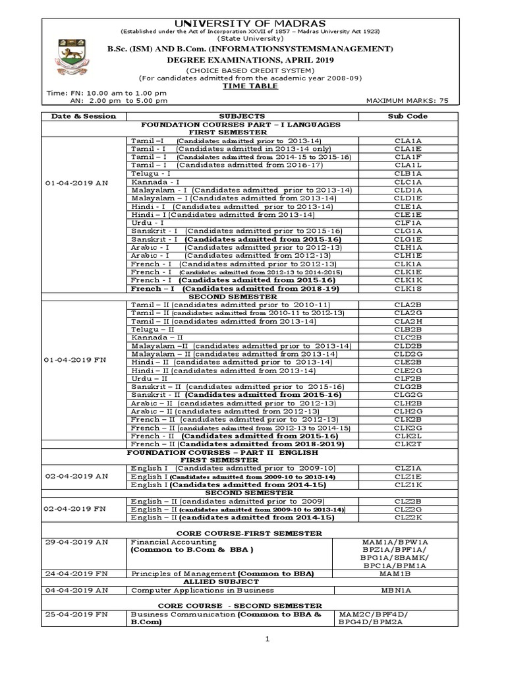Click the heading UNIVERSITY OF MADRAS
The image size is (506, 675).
(254, 24)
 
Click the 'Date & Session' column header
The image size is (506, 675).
(80, 116)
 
